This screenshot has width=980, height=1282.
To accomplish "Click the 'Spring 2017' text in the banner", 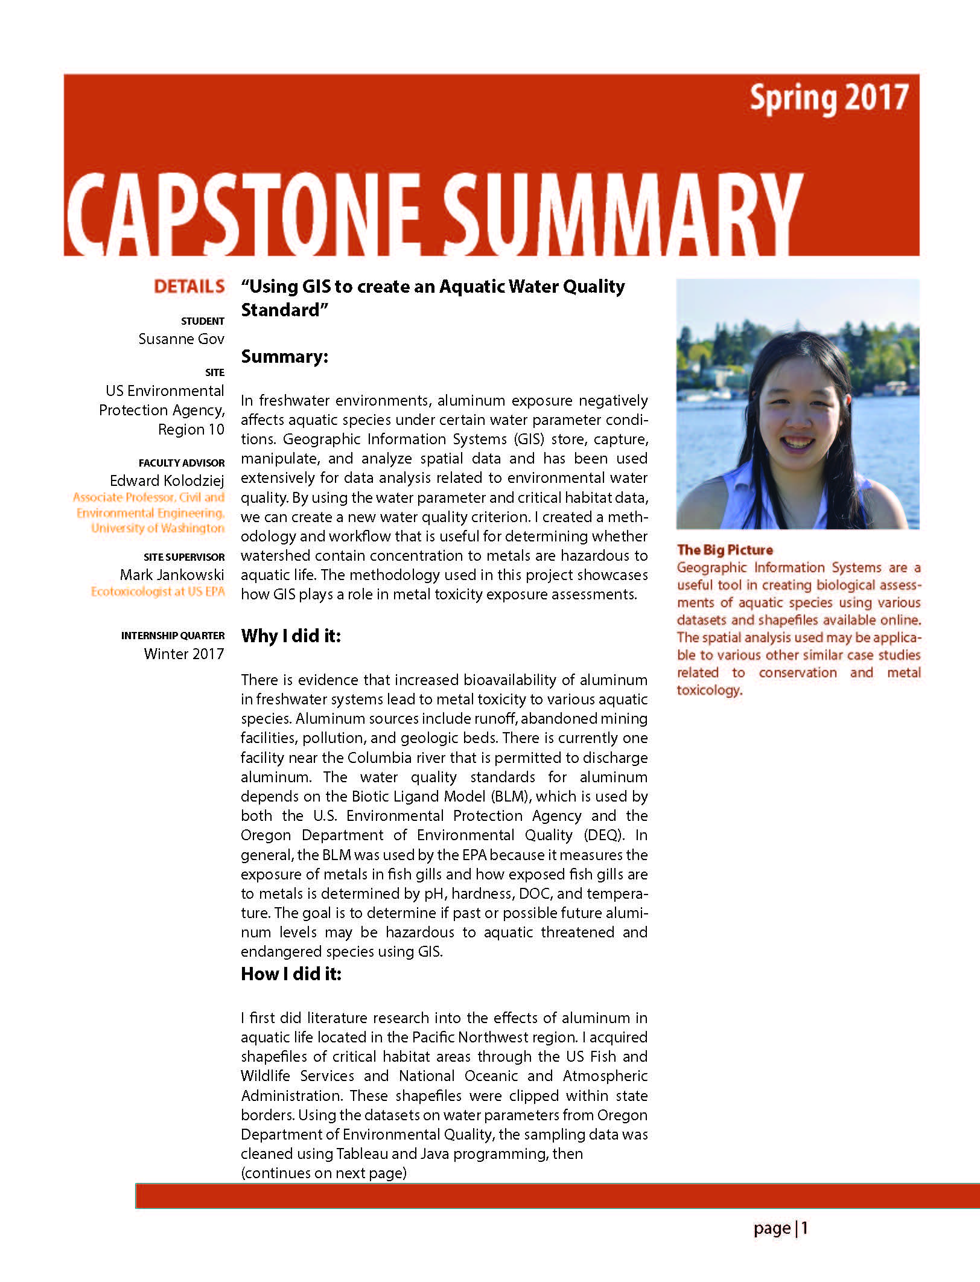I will click(829, 99).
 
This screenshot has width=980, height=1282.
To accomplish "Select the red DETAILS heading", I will click(189, 286).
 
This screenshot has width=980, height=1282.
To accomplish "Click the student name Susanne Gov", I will click(181, 339).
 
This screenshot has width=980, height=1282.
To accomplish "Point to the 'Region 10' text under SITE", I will click(191, 429).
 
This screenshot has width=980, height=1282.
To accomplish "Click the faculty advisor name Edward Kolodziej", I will click(167, 480).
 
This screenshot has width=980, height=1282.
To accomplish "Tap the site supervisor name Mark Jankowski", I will click(172, 575).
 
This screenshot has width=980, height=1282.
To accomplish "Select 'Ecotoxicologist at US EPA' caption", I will click(157, 592).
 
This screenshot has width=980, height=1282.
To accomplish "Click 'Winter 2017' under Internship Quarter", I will click(183, 654).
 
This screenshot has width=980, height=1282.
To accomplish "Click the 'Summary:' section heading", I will click(284, 357).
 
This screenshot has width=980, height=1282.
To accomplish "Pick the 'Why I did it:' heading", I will click(291, 636).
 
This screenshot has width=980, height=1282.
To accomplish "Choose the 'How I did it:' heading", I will click(291, 974).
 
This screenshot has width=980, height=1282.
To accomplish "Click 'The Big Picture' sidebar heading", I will click(725, 550).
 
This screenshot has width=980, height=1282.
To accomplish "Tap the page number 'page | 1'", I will click(780, 1228).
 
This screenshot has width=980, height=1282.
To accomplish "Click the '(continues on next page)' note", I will click(323, 1173).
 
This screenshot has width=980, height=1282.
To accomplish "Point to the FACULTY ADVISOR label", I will click(181, 463).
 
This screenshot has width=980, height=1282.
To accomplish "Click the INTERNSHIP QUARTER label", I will click(173, 636).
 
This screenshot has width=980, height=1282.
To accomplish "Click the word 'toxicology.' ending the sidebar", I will click(709, 690).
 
